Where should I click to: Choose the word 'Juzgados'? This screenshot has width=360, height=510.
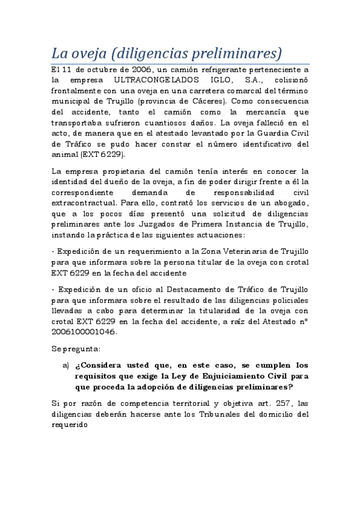click(x=152, y=224)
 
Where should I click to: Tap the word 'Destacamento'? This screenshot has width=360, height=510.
click(x=185, y=289)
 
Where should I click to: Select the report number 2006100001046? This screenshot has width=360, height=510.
click(x=89, y=332)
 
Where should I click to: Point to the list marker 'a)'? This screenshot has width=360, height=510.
click(x=66, y=365)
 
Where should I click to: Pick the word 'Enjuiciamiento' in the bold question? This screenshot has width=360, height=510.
click(x=234, y=376)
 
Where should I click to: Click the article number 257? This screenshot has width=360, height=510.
click(x=268, y=403)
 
